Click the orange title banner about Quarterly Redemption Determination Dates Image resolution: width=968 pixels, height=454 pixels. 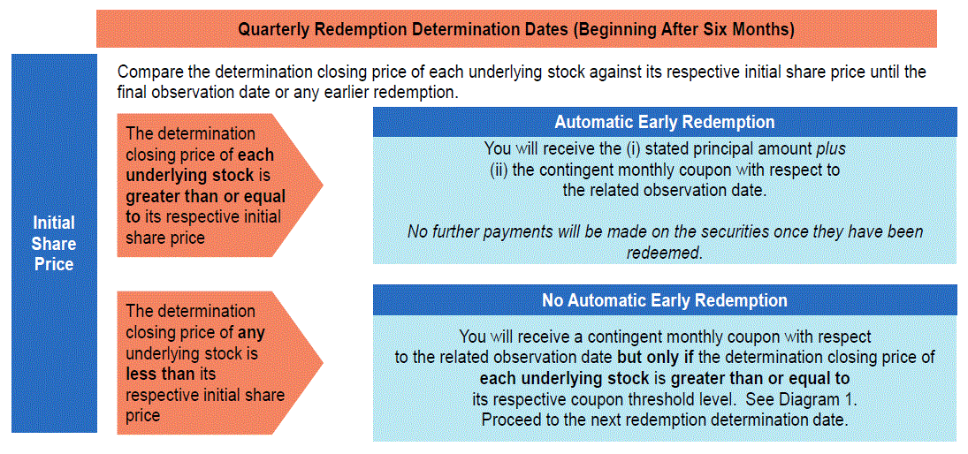coord(516,29)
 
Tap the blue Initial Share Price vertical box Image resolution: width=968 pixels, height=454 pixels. coord(54,243)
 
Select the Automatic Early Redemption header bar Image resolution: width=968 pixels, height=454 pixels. coord(664,122)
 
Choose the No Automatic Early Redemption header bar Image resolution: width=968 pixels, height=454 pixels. coord(664,300)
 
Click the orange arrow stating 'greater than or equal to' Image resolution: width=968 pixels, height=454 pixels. coord(220,185)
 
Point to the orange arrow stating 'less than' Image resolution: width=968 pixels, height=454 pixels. coord(220,363)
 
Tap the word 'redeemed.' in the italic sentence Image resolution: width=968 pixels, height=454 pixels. coord(665,253)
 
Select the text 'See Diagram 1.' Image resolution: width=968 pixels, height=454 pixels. coord(802,400)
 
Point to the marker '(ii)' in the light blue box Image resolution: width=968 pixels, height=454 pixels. coord(499,170)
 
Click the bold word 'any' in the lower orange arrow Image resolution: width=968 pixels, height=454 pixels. coord(251,334)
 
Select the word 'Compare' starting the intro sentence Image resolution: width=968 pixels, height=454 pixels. coord(147,72)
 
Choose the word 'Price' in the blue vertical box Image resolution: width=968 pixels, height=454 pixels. coord(54,264)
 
